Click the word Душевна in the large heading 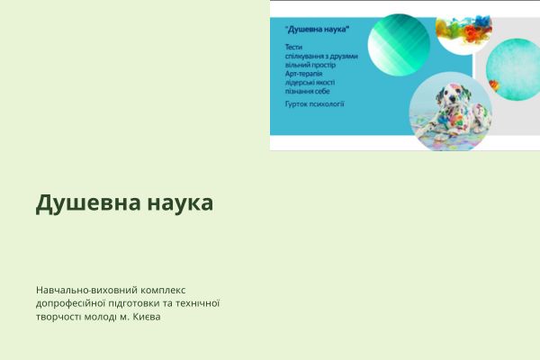tap(82, 203)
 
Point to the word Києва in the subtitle tap(148, 317)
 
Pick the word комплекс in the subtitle tap(164, 290)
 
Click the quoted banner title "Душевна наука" tap(316, 31)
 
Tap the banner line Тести tap(293, 46)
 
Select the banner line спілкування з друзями tap(320, 56)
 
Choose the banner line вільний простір tap(309, 65)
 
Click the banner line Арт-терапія tap(303, 74)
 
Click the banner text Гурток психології tap(314, 104)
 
